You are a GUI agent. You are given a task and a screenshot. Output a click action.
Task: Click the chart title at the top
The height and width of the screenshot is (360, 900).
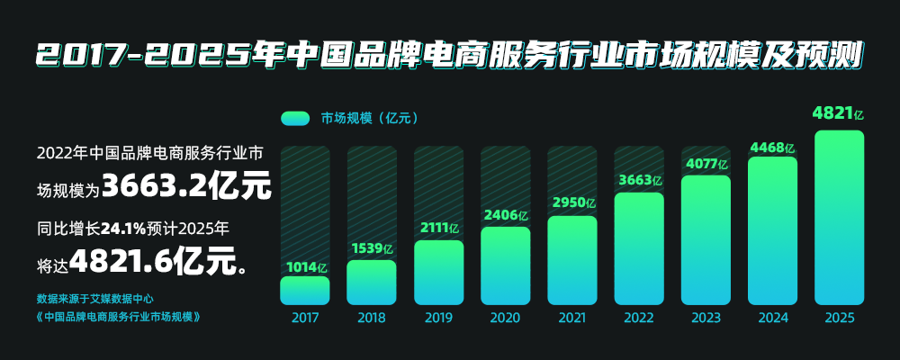click(x=450, y=55)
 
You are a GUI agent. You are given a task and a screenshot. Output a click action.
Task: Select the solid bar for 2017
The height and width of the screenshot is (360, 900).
click(x=305, y=290)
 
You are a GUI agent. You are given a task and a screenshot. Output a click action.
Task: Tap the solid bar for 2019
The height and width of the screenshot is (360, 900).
click(x=438, y=272)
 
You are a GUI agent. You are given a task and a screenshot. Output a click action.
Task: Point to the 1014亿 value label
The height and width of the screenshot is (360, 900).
click(x=307, y=266)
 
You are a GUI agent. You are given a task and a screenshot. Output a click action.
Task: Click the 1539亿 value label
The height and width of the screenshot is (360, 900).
click(x=371, y=248)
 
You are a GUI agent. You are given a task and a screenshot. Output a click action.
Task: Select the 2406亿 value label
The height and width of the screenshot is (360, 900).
click(x=505, y=215)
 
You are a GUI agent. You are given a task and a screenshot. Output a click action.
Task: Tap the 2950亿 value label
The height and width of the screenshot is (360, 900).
click(x=572, y=203)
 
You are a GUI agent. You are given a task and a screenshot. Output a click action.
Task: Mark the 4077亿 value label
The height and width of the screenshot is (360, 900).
click(x=706, y=164)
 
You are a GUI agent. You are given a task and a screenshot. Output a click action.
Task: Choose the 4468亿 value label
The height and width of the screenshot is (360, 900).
click(x=773, y=147)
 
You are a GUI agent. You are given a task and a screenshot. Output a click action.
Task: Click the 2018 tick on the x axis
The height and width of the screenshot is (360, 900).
click(x=372, y=318)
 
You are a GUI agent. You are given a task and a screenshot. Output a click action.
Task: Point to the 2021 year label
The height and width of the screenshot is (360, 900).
click(x=572, y=318)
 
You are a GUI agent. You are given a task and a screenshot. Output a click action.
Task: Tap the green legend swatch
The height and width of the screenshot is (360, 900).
click(x=295, y=118)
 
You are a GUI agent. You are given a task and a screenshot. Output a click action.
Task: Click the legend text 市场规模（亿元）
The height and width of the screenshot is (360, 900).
click(x=369, y=118)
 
